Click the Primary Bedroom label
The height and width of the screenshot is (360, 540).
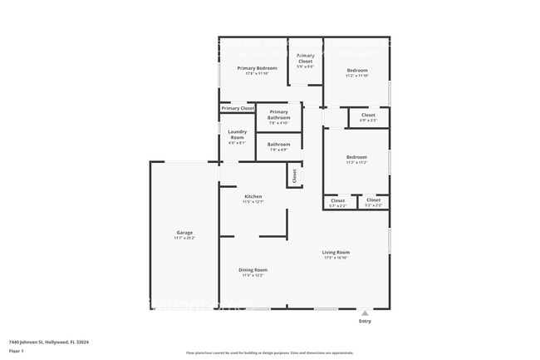[x=257, y=67]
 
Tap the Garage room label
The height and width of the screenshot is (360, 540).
[x=184, y=232]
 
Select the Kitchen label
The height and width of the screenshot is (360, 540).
[x=253, y=196]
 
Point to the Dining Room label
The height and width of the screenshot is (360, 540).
[x=253, y=269]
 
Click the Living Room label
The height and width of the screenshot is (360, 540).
[x=336, y=252]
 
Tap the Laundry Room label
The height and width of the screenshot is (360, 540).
[x=237, y=134]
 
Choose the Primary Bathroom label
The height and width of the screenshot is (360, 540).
[x=278, y=115]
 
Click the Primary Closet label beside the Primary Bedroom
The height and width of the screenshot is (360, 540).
[x=305, y=57]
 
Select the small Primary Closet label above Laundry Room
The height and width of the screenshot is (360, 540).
[x=238, y=108]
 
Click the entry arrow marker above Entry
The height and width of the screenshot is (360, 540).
[x=365, y=313]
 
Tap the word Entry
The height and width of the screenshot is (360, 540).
[x=365, y=321]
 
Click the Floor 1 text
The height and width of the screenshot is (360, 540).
[x=17, y=350]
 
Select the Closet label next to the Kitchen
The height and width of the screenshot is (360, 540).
[x=293, y=176]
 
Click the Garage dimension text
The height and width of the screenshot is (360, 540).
[x=184, y=238]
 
